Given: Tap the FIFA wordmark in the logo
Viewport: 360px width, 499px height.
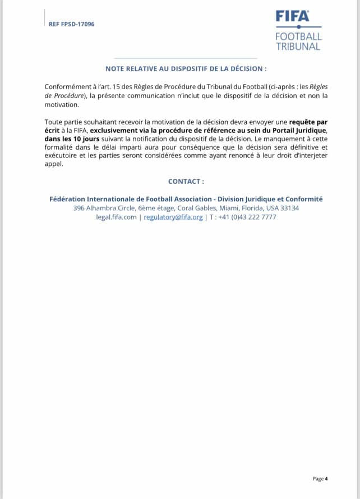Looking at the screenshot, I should [x=292, y=16].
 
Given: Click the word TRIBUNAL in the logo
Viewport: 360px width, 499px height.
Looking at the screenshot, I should [x=298, y=47].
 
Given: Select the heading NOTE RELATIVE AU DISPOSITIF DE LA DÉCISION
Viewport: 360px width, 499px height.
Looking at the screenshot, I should [x=186, y=68].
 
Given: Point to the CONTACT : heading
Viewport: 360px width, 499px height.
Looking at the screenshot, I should [x=186, y=182].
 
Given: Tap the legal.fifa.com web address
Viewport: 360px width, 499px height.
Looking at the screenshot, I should [x=116, y=217].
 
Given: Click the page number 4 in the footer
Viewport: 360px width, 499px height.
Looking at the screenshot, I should [x=326, y=478].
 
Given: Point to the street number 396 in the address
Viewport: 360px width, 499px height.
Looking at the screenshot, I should [x=79, y=208].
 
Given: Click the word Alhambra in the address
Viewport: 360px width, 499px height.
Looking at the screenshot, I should [x=104, y=208].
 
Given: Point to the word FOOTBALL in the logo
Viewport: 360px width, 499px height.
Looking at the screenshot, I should [x=298, y=36].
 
